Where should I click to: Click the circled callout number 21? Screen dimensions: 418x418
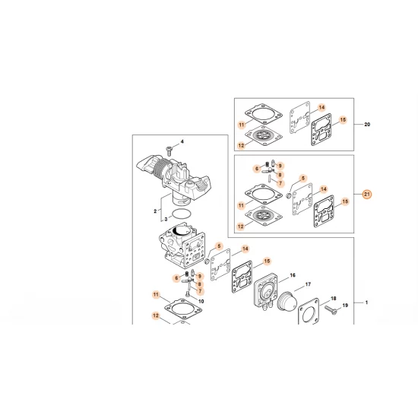pos(367,195)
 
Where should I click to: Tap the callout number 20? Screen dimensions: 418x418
pos(367,125)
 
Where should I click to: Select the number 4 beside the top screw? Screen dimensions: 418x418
pos(182,141)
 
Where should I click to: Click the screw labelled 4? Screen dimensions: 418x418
pos(169,151)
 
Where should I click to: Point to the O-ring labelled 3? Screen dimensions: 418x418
pos(182,214)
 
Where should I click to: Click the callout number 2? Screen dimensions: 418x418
pos(155,211)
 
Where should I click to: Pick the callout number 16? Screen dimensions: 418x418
pos(293,275)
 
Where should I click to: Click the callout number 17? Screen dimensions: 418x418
pos(308,284)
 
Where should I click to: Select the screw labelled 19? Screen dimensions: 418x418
pos(331,310)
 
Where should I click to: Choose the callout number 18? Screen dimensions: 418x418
pos(333,299)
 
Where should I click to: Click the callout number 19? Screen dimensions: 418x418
pos(345,306)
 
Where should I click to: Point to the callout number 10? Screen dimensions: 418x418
pos(201,301)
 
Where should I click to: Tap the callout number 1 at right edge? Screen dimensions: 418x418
pos(366,302)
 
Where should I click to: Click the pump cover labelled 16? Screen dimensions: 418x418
pos(266,291)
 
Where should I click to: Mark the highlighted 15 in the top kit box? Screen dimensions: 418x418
pos(343,119)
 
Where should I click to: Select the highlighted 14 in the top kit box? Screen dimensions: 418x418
pos(321,107)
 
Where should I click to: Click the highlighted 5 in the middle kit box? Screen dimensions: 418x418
pos(302,178)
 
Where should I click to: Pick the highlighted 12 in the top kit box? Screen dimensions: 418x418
pos(241,146)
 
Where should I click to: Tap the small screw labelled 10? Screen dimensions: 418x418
pos(188,294)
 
